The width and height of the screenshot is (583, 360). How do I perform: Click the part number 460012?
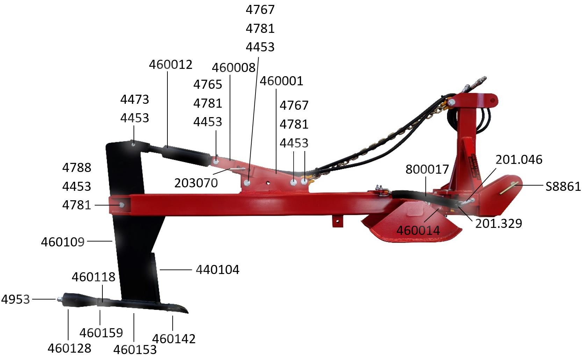[x=171, y=65]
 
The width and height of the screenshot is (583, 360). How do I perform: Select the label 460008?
[x=233, y=68]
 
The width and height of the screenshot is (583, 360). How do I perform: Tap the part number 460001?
[x=281, y=81]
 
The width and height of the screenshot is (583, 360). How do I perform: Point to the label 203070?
[x=196, y=183]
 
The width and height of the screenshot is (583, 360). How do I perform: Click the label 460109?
[x=63, y=242]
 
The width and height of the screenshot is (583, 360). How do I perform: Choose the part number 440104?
[x=217, y=270]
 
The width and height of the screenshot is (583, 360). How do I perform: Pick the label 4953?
[x=16, y=300]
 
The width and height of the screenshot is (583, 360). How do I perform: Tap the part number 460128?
[x=70, y=348]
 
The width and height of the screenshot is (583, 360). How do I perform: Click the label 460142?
[x=174, y=339]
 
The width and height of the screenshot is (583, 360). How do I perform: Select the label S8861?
[x=563, y=187]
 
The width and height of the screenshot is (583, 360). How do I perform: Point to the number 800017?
[x=427, y=170]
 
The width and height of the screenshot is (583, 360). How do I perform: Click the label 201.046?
[x=519, y=160]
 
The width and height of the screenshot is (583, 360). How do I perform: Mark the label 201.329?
[x=498, y=224]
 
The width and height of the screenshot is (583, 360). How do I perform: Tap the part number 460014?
[x=418, y=231]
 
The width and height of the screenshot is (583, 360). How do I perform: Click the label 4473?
[x=135, y=100]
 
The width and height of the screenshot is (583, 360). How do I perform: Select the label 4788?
[x=77, y=168]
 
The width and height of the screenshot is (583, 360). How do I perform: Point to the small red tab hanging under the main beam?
[x=337, y=221]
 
